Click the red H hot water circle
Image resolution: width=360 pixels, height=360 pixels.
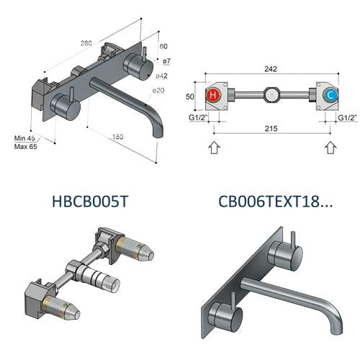coord(212,95)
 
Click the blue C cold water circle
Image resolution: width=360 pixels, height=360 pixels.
coord(330,95)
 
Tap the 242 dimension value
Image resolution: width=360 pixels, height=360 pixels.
coord(271,69)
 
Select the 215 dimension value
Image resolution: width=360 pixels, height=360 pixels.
coord(271,129)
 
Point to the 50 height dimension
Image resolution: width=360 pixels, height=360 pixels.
coord(189,96)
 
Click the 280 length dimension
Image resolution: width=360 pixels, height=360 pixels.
coord(86,43)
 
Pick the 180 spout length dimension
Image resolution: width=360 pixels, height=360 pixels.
coord(118,137)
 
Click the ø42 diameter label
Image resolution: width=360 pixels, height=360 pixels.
coord(161,76)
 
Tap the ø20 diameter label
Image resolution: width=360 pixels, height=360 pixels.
coord(158,90)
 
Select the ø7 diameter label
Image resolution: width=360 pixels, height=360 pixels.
coord(166,61)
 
